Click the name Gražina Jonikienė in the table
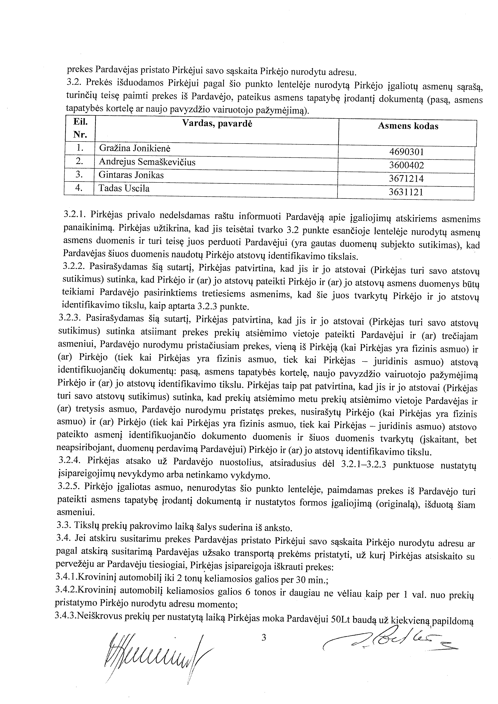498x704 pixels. [135, 149]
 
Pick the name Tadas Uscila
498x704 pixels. [124, 188]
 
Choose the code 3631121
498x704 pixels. [406, 192]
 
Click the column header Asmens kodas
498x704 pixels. [408, 126]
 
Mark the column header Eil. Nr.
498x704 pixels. [80, 128]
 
